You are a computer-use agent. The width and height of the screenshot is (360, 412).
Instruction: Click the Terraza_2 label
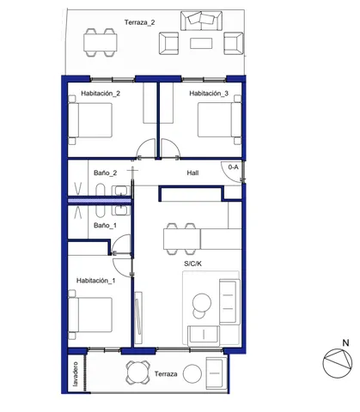pos(139,22)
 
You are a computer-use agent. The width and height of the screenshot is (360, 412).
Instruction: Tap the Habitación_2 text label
pos(101,94)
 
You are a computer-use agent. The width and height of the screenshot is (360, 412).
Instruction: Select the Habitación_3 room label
pos(209,94)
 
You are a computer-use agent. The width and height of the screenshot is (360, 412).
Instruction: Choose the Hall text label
pos(194,173)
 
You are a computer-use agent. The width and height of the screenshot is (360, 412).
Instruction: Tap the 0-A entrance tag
pos(233,167)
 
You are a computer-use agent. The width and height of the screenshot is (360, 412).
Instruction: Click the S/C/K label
pos(193,264)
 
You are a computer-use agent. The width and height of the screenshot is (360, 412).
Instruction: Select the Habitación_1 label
pos(95,281)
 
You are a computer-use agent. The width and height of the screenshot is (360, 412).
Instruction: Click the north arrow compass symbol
pos(336,365)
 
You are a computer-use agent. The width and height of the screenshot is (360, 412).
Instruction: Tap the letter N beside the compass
pos(345,343)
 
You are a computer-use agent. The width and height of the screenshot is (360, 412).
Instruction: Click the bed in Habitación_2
pos(94,121)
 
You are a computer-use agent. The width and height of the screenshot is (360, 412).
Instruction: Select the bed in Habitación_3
pos(217,121)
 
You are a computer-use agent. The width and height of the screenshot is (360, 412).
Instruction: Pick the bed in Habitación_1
pos(92,316)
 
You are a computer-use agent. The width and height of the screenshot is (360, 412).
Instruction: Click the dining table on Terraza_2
pos(99,40)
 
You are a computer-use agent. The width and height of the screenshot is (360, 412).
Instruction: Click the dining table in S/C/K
pos(182,236)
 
